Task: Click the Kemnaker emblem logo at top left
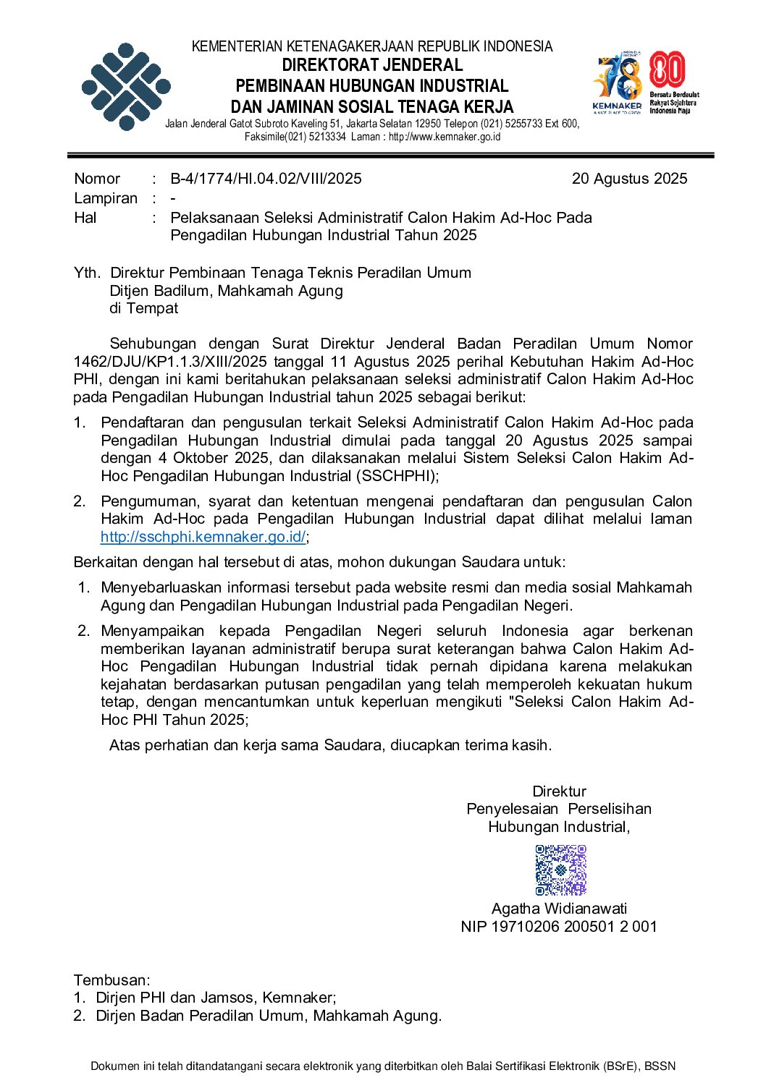pos(126,87)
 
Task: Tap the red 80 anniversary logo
pos(668,71)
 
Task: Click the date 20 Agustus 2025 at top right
pos(629,179)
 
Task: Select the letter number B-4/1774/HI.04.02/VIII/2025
pos(266,179)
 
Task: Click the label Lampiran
pos(106,198)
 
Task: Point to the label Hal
pos(85,218)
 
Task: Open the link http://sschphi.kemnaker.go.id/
pos(203,537)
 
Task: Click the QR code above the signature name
pos(560,870)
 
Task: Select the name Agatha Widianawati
pos(559,909)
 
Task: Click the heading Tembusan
pos(111,980)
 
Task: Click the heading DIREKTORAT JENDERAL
pos(372,65)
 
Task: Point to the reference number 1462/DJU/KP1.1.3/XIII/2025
pos(170,362)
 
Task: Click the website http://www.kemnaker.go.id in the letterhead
pos(445,137)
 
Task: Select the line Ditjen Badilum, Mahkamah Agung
pos(226,291)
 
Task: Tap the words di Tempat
pos(143,308)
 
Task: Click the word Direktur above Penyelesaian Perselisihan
pos(559,791)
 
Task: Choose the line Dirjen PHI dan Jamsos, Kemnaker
pos(216,998)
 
